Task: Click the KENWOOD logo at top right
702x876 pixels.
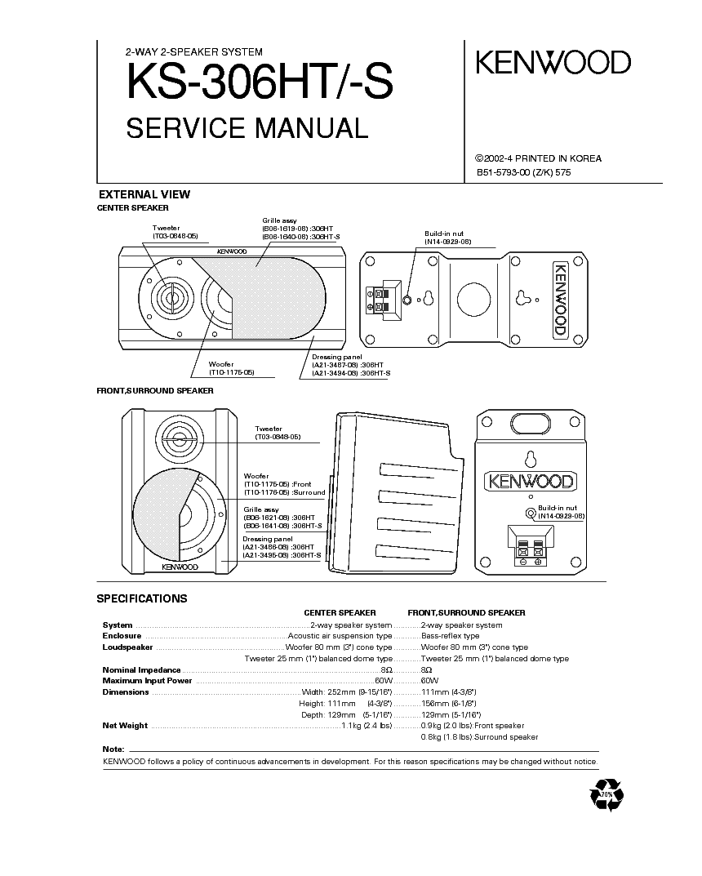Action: pyautogui.click(x=553, y=63)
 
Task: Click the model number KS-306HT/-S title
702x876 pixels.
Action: pyautogui.click(x=260, y=84)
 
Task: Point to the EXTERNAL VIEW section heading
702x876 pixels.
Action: pyautogui.click(x=144, y=194)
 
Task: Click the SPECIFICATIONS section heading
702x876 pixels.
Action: pyautogui.click(x=142, y=598)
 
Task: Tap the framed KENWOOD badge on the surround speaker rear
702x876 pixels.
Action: pyautogui.click(x=530, y=480)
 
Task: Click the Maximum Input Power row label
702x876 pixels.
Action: pyautogui.click(x=147, y=681)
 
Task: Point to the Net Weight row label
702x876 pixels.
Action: pyautogui.click(x=125, y=725)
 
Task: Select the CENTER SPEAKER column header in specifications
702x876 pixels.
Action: pyautogui.click(x=340, y=612)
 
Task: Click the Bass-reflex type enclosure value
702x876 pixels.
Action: pyautogui.click(x=450, y=635)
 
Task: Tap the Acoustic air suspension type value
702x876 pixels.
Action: pyautogui.click(x=340, y=635)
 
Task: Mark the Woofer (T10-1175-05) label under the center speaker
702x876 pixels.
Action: pyautogui.click(x=231, y=368)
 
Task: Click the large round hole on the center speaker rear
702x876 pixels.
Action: pyautogui.click(x=473, y=299)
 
